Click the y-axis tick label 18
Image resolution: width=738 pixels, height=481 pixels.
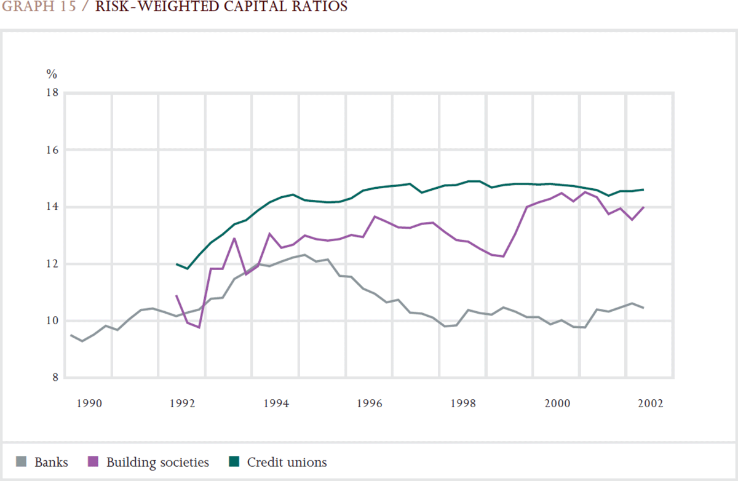(51, 93)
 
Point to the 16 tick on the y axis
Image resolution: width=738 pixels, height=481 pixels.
(51, 150)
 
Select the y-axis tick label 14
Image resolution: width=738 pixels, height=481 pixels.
(51, 207)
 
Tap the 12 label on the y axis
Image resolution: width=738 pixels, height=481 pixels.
(51, 264)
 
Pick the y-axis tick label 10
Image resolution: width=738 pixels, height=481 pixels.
(51, 321)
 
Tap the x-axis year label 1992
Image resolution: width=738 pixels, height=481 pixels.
(182, 403)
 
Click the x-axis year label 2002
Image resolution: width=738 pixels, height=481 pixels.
(651, 403)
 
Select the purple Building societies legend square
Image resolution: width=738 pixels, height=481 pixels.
(94, 462)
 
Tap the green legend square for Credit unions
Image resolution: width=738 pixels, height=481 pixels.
(234, 462)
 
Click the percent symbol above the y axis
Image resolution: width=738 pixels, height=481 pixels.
(52, 74)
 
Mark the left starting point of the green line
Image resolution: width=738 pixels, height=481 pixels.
(177, 264)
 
